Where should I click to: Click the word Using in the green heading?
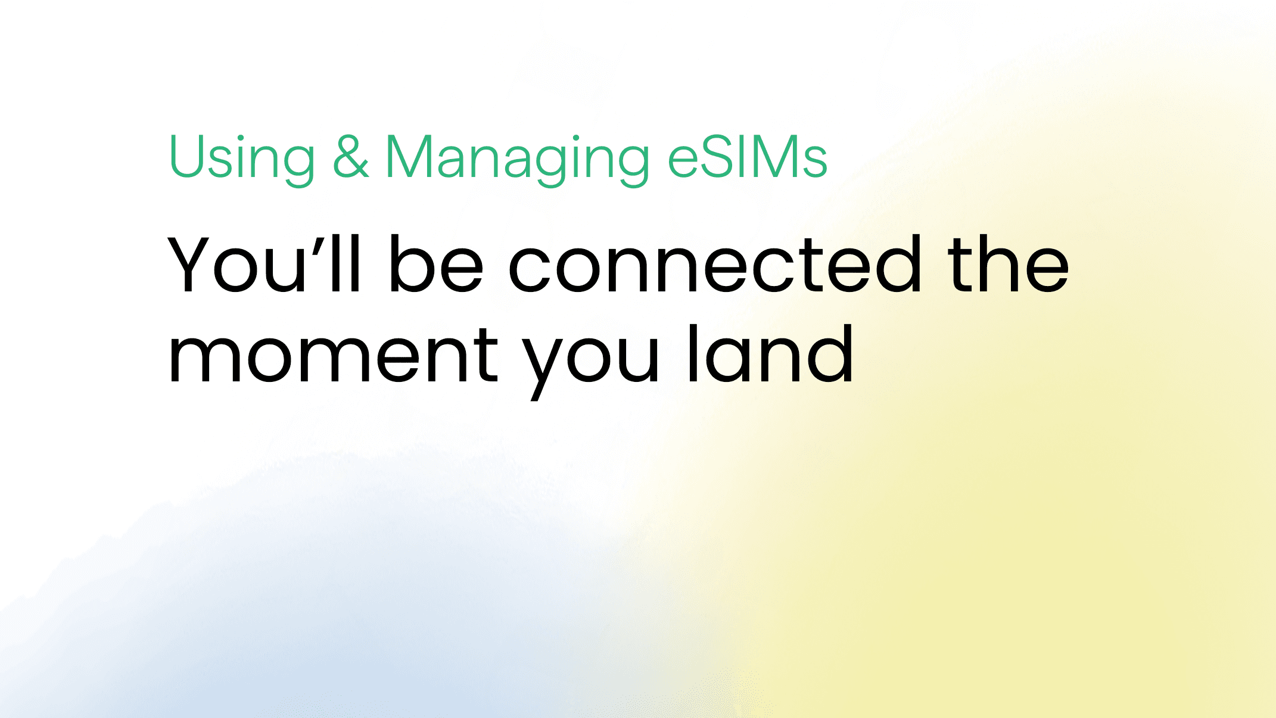(x=241, y=157)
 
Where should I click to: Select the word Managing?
(x=517, y=157)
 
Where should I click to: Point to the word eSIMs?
(x=748, y=157)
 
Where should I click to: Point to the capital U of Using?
(x=187, y=156)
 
